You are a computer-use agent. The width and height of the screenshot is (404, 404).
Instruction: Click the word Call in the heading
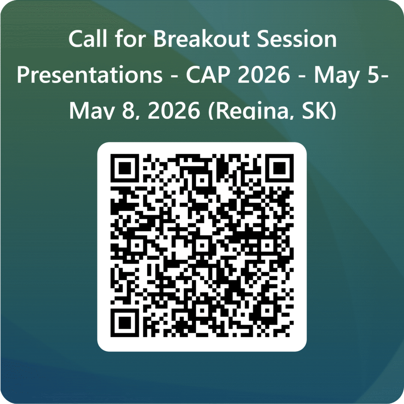tap(88, 39)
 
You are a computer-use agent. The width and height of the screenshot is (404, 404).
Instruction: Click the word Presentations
tap(90, 75)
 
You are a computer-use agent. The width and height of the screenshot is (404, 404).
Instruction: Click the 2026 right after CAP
tap(264, 74)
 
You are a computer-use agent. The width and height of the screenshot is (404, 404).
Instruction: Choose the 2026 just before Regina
tap(174, 111)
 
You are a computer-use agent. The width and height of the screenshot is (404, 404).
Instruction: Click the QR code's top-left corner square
tap(125, 168)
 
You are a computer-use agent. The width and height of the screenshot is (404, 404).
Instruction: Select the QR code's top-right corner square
tap(279, 168)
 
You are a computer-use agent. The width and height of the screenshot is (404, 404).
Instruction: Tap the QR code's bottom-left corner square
tap(125, 323)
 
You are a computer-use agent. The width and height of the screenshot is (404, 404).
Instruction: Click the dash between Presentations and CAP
tap(174, 77)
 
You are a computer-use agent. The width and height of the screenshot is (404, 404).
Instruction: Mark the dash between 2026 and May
tap(302, 77)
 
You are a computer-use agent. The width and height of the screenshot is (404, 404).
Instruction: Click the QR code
tap(202, 245)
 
